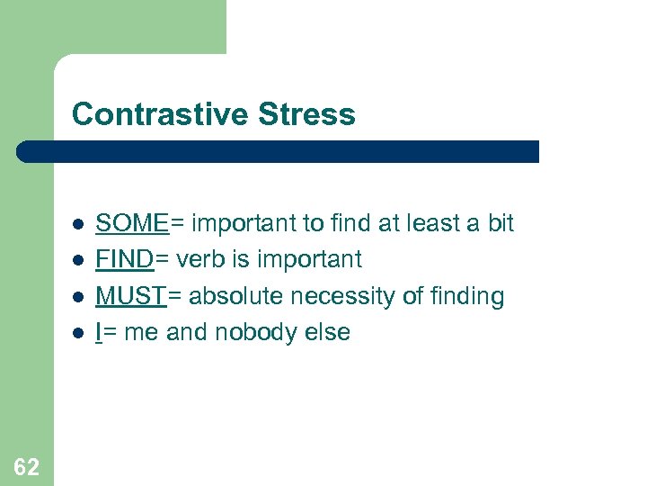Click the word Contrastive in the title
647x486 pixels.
(160, 115)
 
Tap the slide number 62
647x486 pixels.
(26, 466)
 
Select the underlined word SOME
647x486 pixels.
(131, 223)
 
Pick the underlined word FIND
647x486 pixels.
(125, 260)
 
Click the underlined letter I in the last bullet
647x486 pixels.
(99, 332)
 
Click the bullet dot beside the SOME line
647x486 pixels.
(79, 224)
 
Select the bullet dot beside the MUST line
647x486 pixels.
(79, 297)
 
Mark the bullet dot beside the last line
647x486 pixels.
(79, 333)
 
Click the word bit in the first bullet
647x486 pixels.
(500, 223)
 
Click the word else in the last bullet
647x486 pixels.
(329, 332)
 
